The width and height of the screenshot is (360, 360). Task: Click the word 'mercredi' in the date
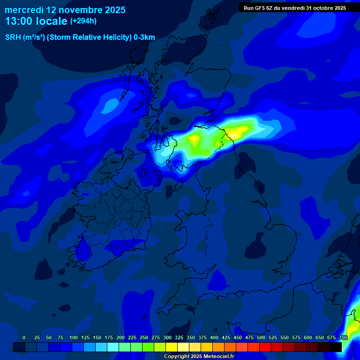(24, 9)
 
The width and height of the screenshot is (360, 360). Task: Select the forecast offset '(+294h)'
(83, 21)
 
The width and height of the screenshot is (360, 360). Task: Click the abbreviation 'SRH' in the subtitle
(13, 37)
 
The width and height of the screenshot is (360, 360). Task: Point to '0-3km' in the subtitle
(144, 37)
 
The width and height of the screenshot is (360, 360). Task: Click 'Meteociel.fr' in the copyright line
(216, 356)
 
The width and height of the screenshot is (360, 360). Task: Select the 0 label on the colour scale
(24, 337)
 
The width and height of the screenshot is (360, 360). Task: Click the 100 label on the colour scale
(74, 337)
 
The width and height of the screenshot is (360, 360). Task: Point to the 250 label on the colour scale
(144, 337)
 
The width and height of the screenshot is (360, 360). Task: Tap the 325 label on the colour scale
(179, 337)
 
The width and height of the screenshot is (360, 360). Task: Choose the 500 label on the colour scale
(261, 337)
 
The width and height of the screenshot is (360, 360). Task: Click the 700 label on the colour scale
(343, 337)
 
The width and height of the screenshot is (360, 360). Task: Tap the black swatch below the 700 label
(336, 347)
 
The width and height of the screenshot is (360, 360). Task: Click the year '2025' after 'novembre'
(115, 9)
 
